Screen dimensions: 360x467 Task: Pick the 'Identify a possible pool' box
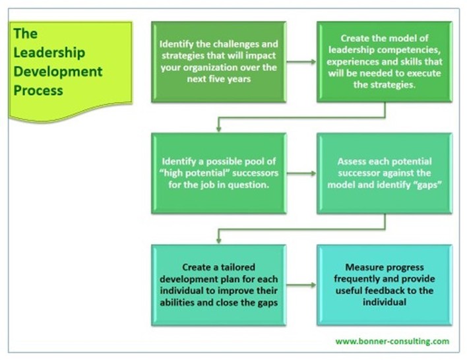pos(218,173)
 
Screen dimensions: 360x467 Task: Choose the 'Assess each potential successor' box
pos(384,173)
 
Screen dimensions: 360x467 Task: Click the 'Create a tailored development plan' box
pos(218,285)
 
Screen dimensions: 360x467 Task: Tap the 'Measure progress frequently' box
pos(384,285)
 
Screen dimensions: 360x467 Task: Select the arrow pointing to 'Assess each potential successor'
pos(301,174)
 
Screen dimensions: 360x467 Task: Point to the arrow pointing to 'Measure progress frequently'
pos(301,285)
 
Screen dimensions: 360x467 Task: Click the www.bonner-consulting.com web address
pos(392,341)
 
